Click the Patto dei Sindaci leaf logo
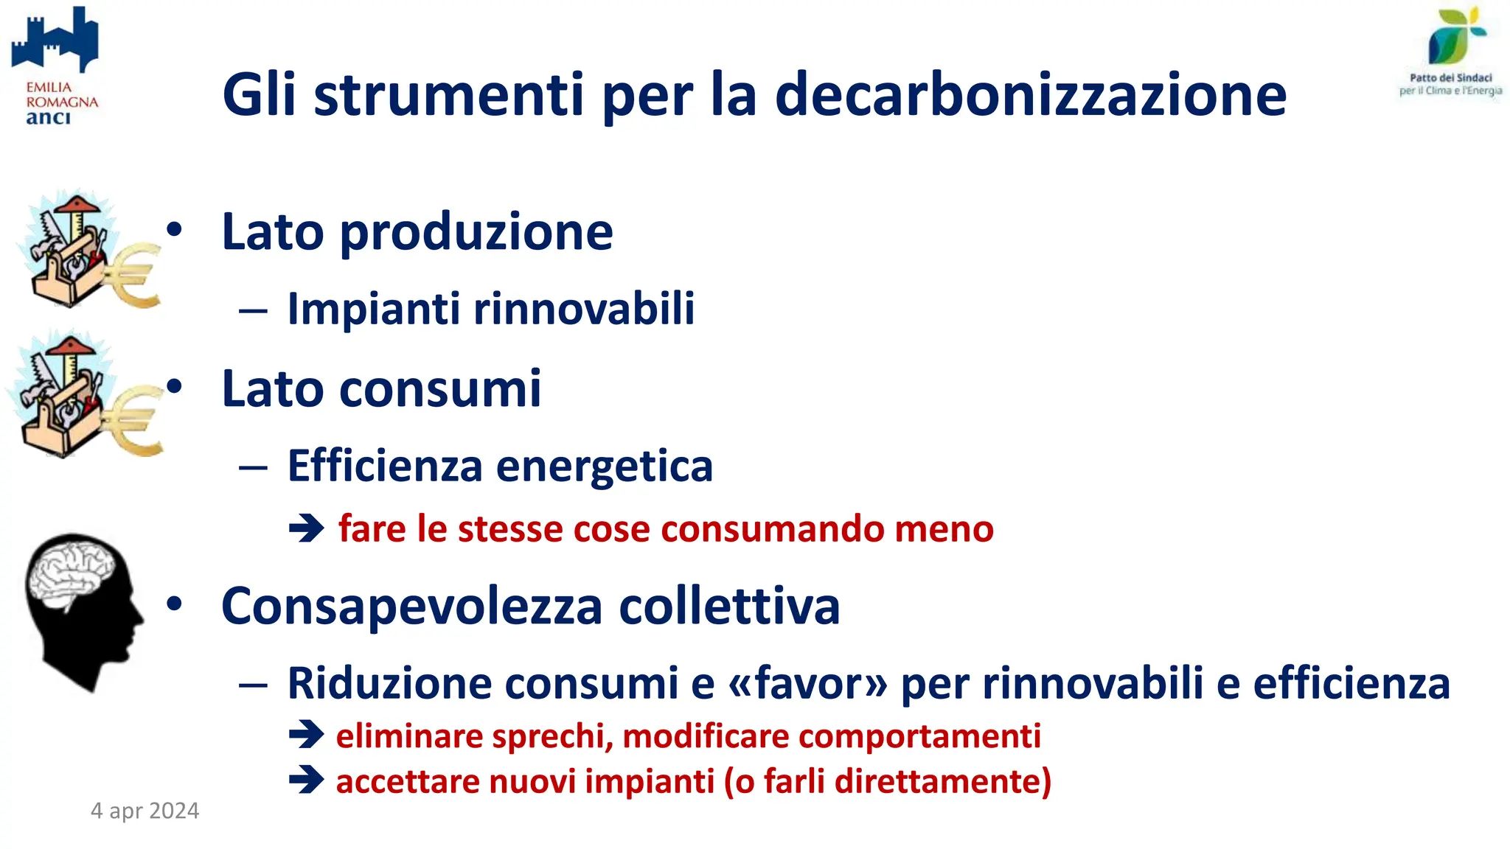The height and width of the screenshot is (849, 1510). pyautogui.click(x=1455, y=37)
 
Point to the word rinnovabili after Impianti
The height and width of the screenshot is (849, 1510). pyautogui.click(x=583, y=308)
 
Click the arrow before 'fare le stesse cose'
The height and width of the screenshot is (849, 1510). pyautogui.click(x=307, y=528)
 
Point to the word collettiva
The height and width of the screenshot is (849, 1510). pyautogui.click(x=729, y=607)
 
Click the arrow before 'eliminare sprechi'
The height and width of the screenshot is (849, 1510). pyautogui.click(x=307, y=735)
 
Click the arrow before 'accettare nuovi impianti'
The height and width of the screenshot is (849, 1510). pyautogui.click(x=307, y=780)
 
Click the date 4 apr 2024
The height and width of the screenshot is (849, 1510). pyautogui.click(x=145, y=811)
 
